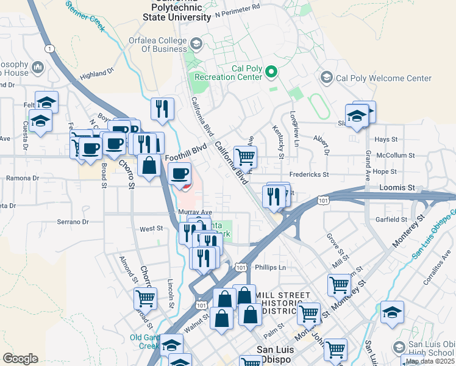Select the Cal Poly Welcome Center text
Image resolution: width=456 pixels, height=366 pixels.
(384, 78)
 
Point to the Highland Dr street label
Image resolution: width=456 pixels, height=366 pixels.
(97, 73)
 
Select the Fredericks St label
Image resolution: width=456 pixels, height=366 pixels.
(309, 174)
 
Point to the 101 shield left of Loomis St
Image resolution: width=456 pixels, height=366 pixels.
(323, 199)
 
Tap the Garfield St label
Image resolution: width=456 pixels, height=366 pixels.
(391, 219)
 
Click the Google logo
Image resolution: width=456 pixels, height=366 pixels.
(20, 358)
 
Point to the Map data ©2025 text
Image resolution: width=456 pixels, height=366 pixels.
(429, 361)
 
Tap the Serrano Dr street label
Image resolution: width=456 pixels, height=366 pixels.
(73, 223)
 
